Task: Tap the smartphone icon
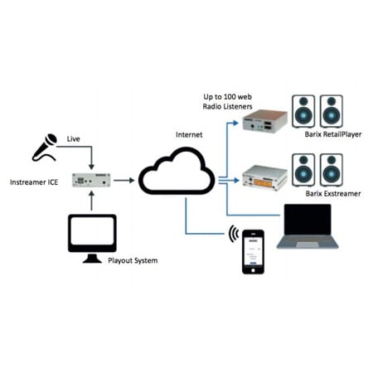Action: point(253,252)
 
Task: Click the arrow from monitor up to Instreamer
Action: point(92,203)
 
